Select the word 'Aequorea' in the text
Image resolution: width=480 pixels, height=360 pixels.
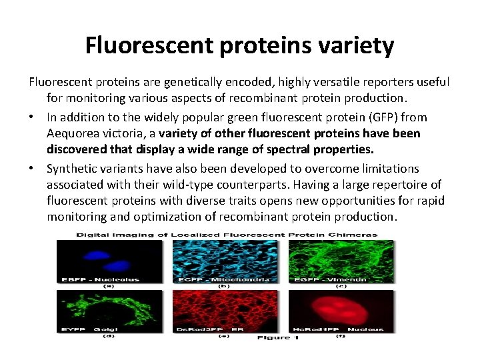75,133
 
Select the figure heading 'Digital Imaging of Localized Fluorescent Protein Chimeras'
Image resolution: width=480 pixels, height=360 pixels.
226,235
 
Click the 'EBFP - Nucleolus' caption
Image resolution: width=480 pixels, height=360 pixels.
97,279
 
